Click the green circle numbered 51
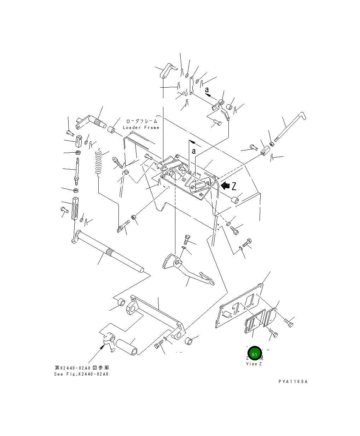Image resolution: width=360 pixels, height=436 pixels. click(x=254, y=354)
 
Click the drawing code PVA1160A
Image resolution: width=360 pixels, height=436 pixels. click(x=293, y=382)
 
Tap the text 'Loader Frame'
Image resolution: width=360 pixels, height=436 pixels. click(x=141, y=128)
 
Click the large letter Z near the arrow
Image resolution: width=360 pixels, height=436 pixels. click(x=234, y=186)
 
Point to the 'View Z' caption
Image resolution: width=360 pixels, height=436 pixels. click(x=254, y=364)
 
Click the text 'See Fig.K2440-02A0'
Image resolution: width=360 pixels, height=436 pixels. click(x=81, y=374)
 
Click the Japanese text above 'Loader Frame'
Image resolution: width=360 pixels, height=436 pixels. click(x=141, y=121)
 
